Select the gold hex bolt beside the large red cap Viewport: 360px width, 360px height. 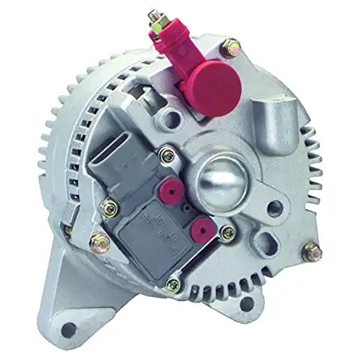point(231,49)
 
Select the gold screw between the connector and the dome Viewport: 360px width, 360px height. point(167,153)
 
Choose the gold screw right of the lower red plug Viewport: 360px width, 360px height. point(228,232)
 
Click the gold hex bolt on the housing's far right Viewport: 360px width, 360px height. point(312,252)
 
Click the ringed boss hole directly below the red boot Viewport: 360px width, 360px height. point(170,116)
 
